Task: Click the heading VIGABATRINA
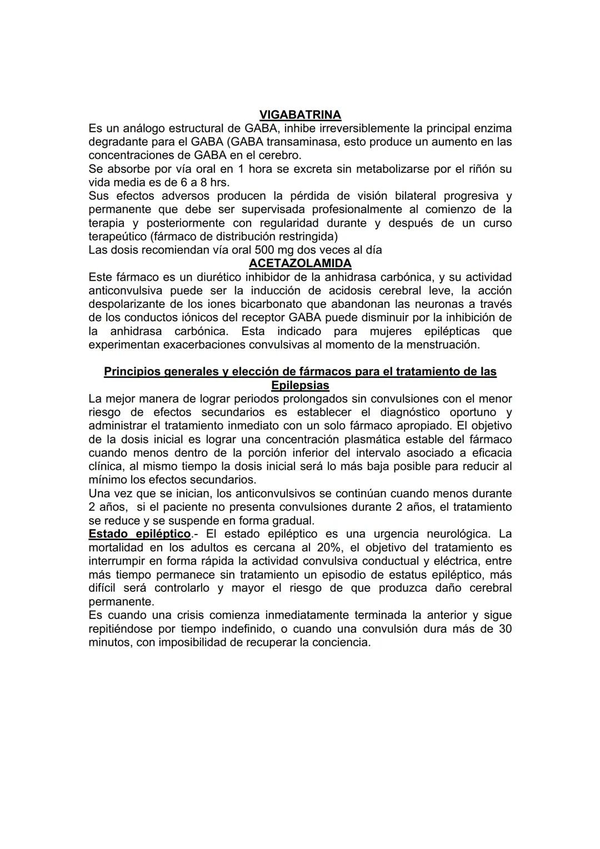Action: click(300, 115)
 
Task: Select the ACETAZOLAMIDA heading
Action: click(300, 263)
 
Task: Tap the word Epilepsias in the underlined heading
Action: click(300, 385)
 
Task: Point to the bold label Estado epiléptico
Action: click(139, 534)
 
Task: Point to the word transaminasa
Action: click(303, 142)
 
